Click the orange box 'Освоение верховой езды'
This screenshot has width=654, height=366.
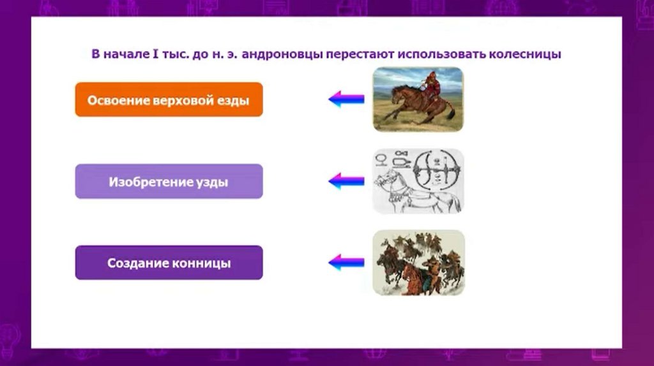pos(169,99)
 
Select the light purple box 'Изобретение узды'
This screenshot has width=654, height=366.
pos(169,181)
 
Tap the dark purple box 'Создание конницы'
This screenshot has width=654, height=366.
pos(169,263)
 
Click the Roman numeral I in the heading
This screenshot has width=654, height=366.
pos(155,54)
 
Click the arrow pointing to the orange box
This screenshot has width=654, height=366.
pos(347,99)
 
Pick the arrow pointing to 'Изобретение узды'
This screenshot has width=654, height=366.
pos(347,181)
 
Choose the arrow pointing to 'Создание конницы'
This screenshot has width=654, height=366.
pos(347,262)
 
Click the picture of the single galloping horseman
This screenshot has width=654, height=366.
pos(418,99)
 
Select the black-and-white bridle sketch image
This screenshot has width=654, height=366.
pos(418,181)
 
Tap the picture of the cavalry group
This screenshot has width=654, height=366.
pos(418,263)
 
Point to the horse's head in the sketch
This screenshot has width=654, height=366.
pos(384,179)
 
